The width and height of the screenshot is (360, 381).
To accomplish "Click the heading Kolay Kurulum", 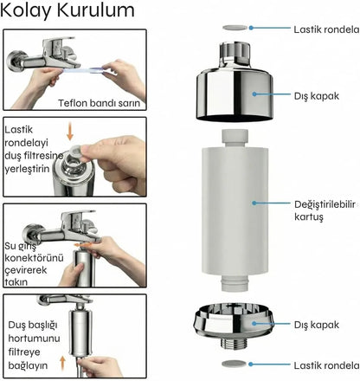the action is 67,10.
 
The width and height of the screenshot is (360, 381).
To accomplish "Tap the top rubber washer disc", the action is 235,28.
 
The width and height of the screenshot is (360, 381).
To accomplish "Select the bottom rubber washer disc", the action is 235,364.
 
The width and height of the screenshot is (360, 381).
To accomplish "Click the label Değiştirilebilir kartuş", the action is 325,210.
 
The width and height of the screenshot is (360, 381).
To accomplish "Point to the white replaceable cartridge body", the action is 235,210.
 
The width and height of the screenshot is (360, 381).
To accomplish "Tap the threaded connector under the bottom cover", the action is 234,344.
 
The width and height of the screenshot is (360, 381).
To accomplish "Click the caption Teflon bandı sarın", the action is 99,103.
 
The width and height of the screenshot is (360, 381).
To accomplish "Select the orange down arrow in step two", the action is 70,132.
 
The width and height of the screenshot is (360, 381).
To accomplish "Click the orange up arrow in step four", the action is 62,363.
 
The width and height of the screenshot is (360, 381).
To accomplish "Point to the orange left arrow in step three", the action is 82,245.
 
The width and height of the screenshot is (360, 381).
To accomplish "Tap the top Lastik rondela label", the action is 326,29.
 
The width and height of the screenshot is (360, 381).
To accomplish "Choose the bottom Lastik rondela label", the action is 326,365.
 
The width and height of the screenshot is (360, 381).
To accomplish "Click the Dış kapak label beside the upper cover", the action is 317,96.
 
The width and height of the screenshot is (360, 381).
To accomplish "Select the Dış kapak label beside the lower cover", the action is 317,325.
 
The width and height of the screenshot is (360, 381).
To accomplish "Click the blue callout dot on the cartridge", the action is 254,203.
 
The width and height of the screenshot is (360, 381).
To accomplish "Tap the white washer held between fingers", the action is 76,150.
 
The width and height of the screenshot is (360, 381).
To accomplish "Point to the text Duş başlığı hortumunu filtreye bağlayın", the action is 34,345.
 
